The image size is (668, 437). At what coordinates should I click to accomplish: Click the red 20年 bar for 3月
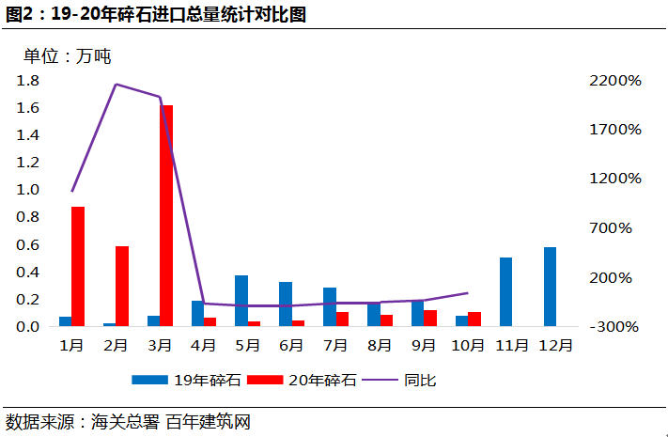pyautogui.click(x=166, y=216)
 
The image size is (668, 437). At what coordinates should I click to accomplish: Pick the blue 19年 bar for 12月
pyautogui.click(x=550, y=287)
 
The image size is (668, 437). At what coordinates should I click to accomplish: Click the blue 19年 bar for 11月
pyautogui.click(x=505, y=291)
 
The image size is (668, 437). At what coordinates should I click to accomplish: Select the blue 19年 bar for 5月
pyautogui.click(x=241, y=301)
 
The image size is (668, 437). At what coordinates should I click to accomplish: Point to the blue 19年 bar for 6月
pyautogui.click(x=286, y=304)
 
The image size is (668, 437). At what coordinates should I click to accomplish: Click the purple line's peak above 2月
pyautogui.click(x=116, y=85)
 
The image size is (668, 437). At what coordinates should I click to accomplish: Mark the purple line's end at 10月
pyautogui.click(x=468, y=293)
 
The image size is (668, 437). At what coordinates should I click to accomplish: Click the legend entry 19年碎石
pyautogui.click(x=188, y=381)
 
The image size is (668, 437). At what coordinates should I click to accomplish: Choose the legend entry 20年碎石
pyautogui.click(x=306, y=381)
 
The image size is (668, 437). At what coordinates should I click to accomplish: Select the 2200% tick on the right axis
pyautogui.click(x=614, y=81)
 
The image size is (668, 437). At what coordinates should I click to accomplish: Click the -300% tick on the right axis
pyautogui.click(x=616, y=327)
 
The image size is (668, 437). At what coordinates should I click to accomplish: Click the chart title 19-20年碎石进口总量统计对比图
pyautogui.click(x=155, y=14)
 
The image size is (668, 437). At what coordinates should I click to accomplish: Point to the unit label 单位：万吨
pyautogui.click(x=68, y=56)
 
